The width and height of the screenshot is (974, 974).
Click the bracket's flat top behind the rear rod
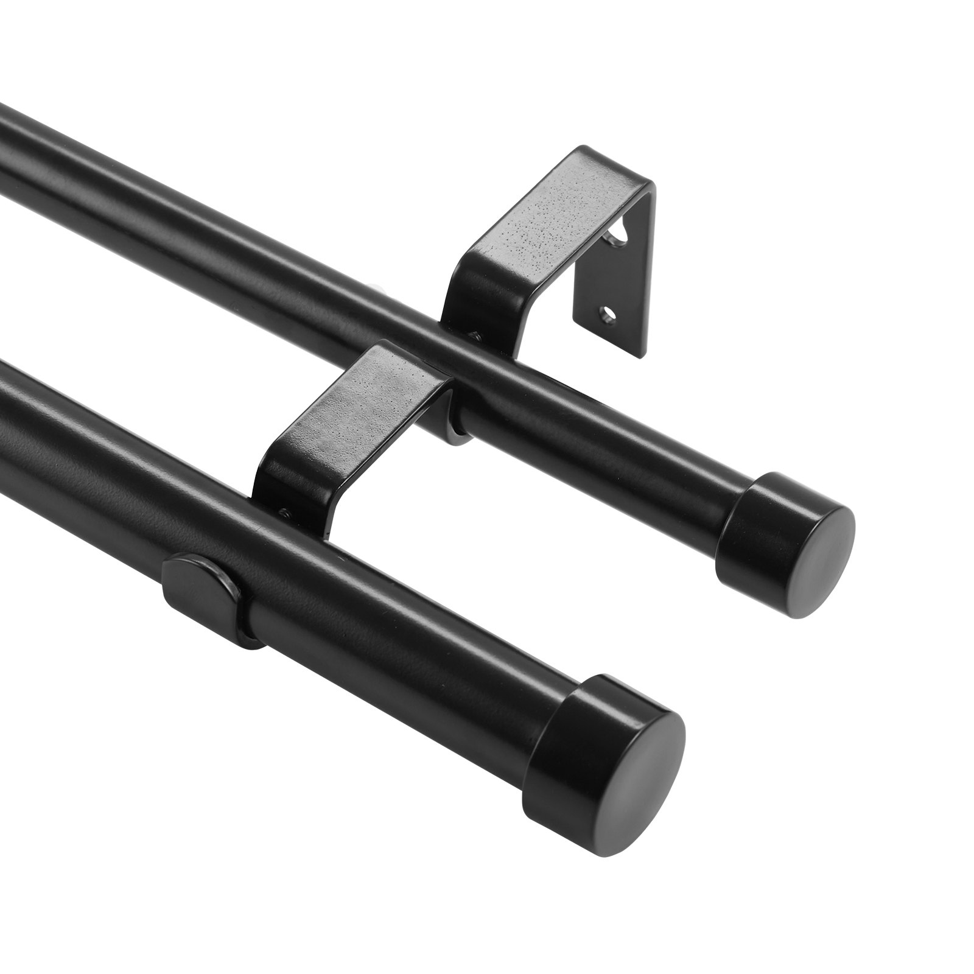tap(566, 201)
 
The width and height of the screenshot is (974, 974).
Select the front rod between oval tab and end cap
tap(396, 657)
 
